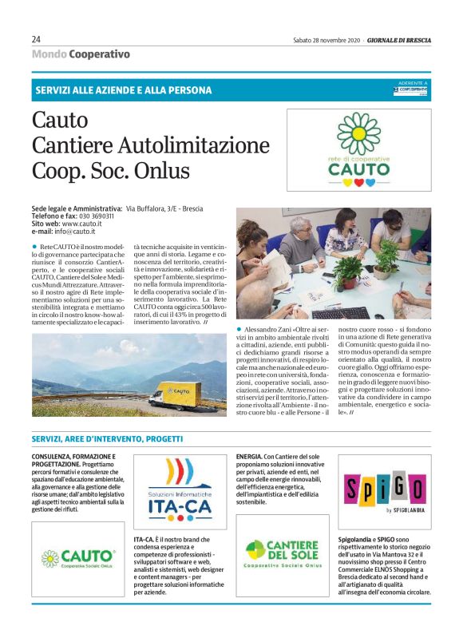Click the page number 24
(x=37, y=39)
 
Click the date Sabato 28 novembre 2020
(x=326, y=40)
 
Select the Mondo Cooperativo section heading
(x=80, y=54)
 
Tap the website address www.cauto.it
(x=84, y=224)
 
